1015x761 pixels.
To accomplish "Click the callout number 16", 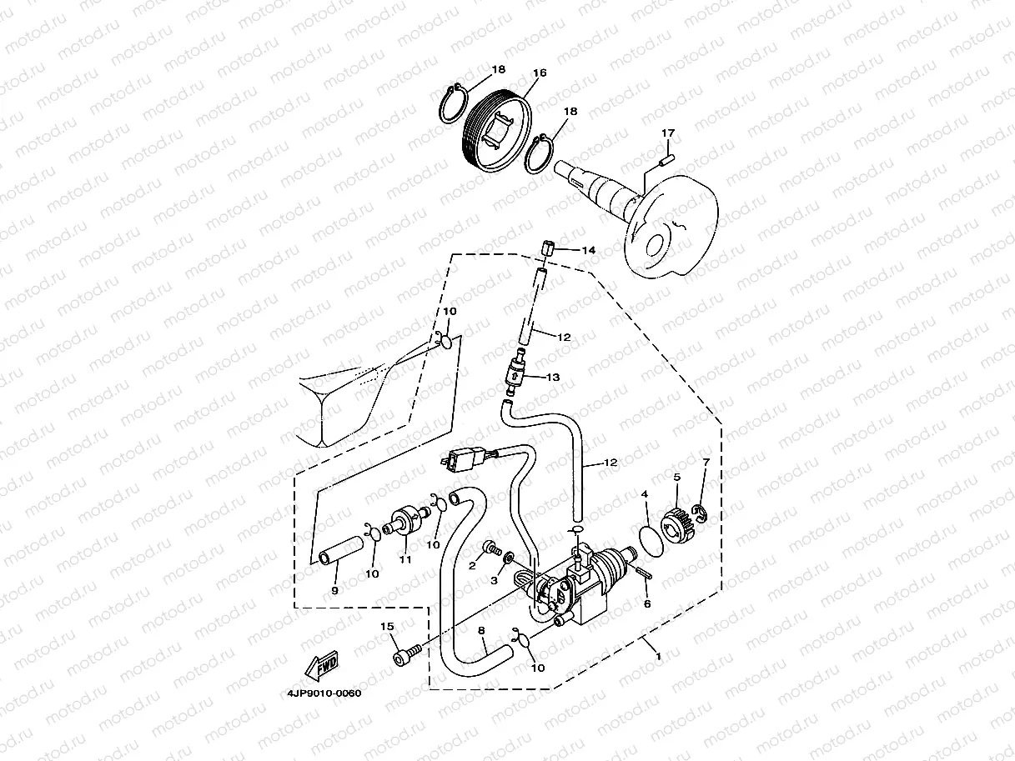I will click(x=540, y=73).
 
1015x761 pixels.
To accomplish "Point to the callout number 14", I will click(x=589, y=250).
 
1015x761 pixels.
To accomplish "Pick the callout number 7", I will click(x=706, y=462).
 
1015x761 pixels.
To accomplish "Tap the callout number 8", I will click(x=481, y=631).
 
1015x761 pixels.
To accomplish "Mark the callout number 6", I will click(x=647, y=603).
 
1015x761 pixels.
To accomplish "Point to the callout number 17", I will click(x=667, y=133).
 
